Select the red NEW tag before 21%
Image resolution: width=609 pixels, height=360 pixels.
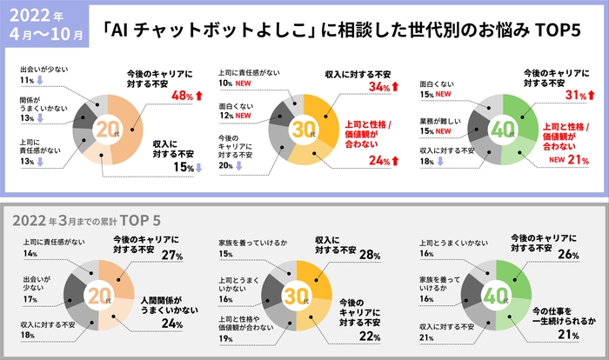click(x=556, y=160)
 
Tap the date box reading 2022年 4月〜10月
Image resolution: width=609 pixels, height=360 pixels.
click(x=45, y=28)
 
